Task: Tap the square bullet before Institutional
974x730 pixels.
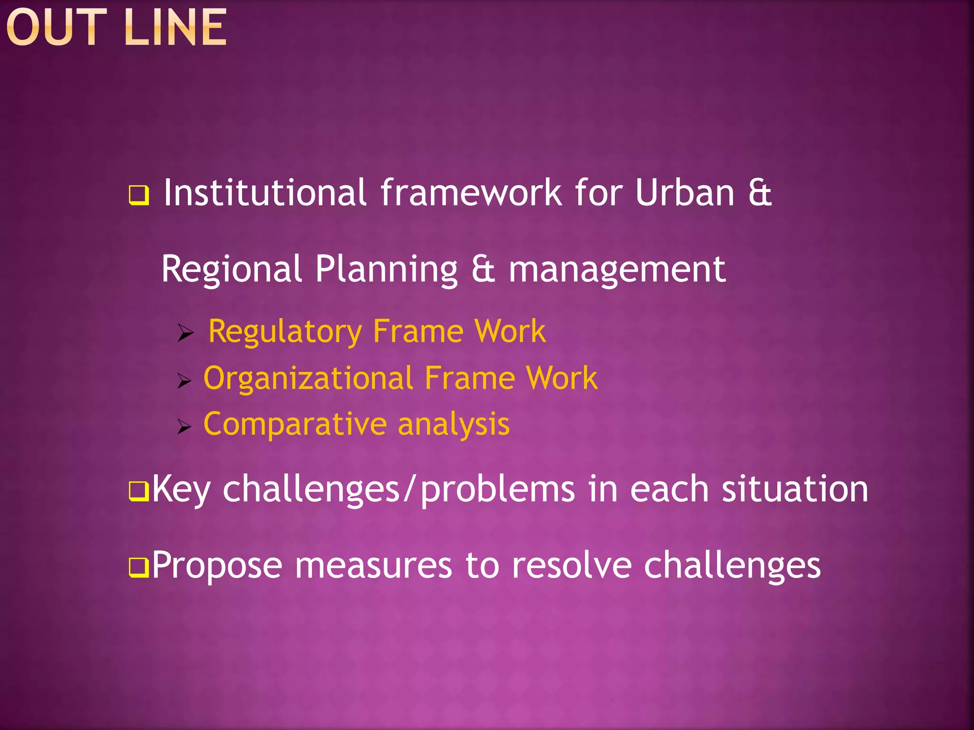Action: pos(139,195)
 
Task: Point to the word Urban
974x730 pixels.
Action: pos(685,192)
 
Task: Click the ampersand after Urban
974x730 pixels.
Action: pos(760,192)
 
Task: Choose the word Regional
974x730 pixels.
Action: pos(232,269)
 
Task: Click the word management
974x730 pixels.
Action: pos(617,269)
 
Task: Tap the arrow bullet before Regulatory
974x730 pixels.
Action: pos(185,333)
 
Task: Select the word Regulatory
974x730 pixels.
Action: pos(285,331)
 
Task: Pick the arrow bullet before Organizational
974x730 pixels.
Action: pos(184,381)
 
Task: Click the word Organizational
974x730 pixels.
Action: pos(308,378)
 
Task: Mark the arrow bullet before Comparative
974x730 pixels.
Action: pos(184,426)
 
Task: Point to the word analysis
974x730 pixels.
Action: pos(453,424)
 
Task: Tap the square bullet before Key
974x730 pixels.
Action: pos(139,491)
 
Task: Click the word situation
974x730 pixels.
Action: pos(795,489)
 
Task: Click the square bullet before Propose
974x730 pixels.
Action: pos(139,567)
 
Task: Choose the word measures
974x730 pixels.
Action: pos(373,566)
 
